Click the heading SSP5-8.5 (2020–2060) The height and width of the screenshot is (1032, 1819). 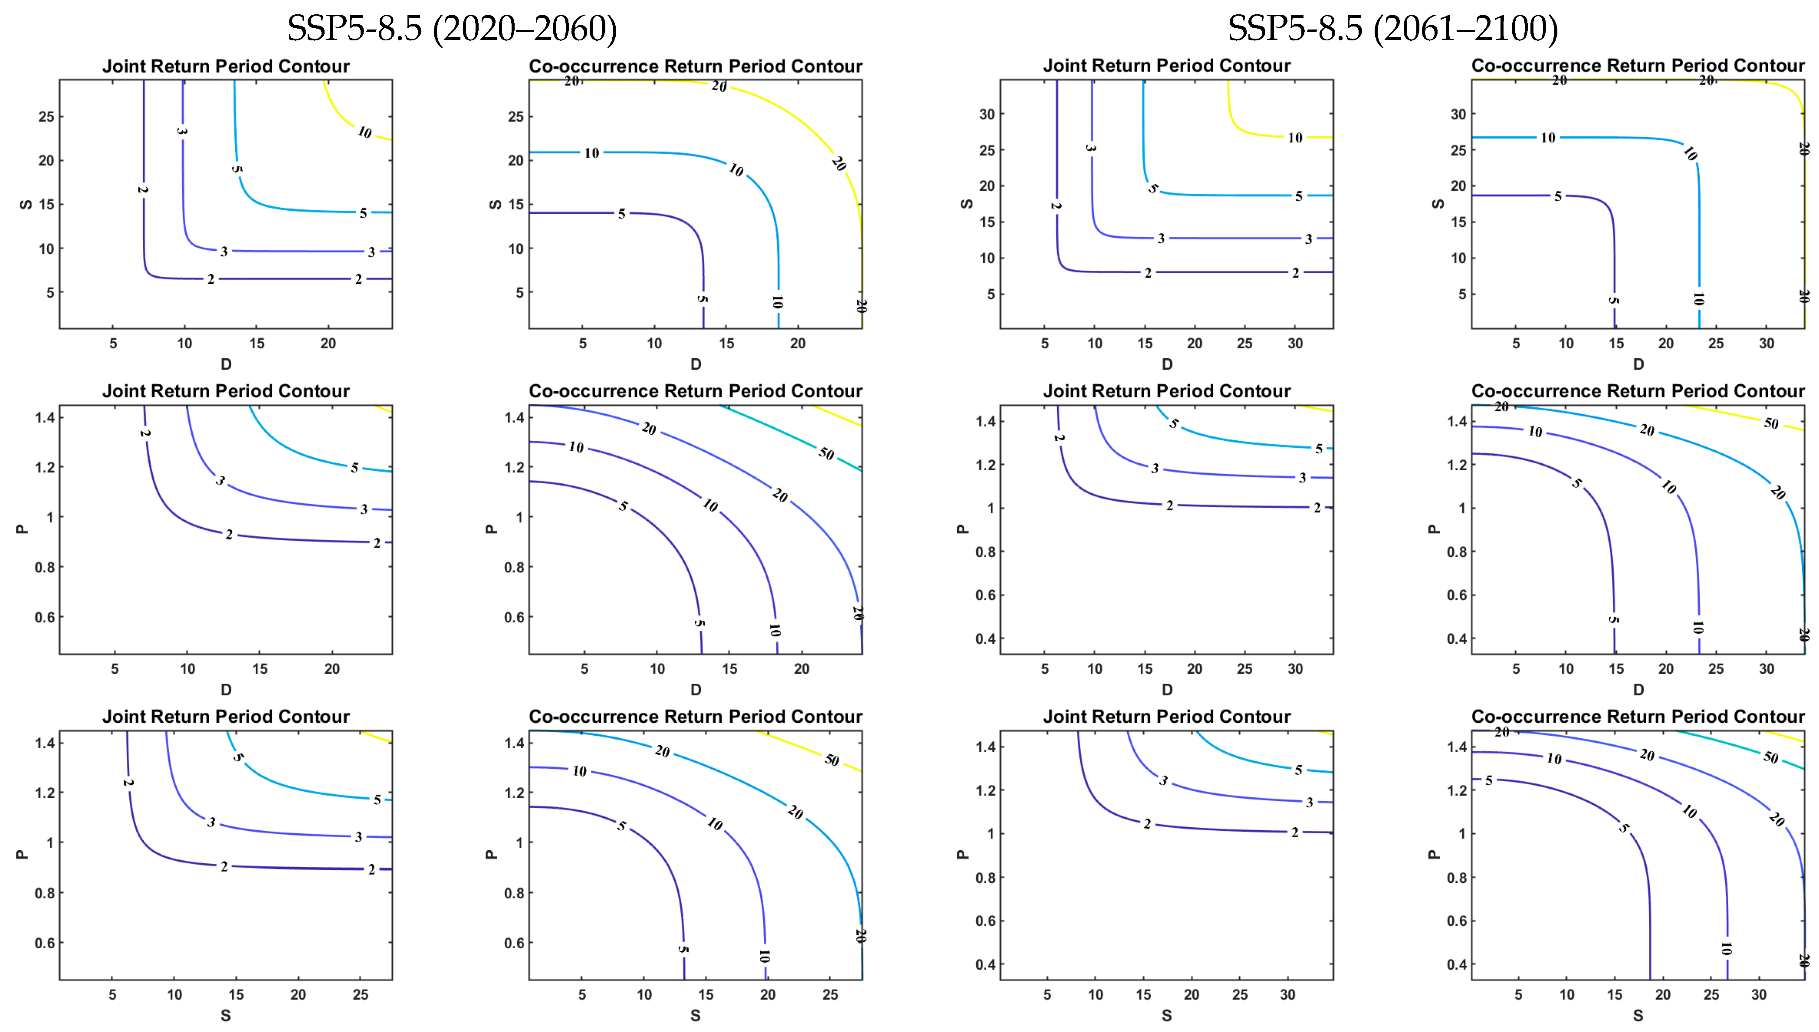[452, 28]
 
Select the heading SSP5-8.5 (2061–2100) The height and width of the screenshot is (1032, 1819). [1392, 28]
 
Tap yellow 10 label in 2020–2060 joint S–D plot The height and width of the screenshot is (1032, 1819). [364, 132]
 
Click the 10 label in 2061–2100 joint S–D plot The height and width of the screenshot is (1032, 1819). [1295, 138]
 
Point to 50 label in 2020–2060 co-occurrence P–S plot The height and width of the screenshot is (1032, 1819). [831, 760]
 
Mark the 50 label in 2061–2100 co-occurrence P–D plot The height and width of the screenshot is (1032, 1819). [1771, 423]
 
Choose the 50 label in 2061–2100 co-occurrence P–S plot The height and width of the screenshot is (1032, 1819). [1771, 757]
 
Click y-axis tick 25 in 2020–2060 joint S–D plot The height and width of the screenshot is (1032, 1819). [46, 116]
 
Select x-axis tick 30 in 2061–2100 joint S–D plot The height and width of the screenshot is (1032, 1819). [1295, 344]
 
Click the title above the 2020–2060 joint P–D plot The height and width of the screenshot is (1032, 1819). [226, 391]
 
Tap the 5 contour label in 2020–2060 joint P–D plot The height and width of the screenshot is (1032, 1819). [355, 468]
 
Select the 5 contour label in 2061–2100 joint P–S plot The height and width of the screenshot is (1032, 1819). [1299, 770]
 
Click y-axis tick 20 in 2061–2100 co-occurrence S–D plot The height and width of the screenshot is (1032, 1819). [1458, 186]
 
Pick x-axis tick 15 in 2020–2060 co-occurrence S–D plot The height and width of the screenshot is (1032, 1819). [727, 344]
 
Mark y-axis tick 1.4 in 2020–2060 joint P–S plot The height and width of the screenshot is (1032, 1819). [45, 743]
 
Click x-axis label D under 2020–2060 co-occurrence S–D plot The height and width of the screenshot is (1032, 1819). [696, 364]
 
